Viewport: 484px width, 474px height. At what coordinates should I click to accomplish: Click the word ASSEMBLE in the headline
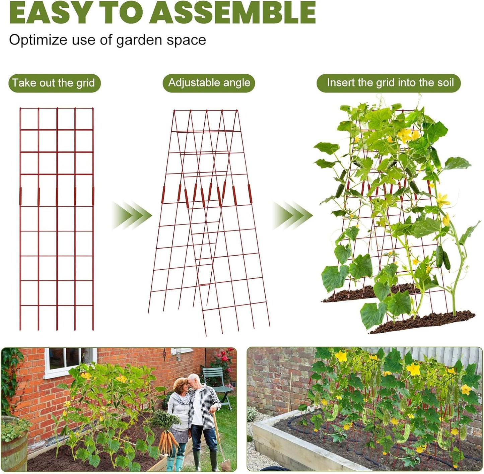coord(233,12)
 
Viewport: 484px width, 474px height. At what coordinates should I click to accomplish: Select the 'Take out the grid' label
coord(54,83)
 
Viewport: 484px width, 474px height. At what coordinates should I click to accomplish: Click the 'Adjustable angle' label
coord(209,83)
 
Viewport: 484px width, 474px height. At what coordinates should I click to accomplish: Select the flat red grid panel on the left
coord(57,218)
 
